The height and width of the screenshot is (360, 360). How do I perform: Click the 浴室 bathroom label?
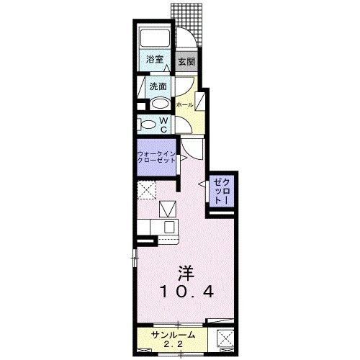154,60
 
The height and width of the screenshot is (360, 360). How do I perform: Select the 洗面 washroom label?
158,86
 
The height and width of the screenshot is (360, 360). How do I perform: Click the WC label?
164,124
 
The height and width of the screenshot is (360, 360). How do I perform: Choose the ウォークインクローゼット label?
156,157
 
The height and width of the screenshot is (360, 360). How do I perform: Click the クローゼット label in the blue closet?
219,193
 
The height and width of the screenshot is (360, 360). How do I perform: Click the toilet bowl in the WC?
147,125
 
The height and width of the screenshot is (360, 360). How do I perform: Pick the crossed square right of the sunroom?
223,338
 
